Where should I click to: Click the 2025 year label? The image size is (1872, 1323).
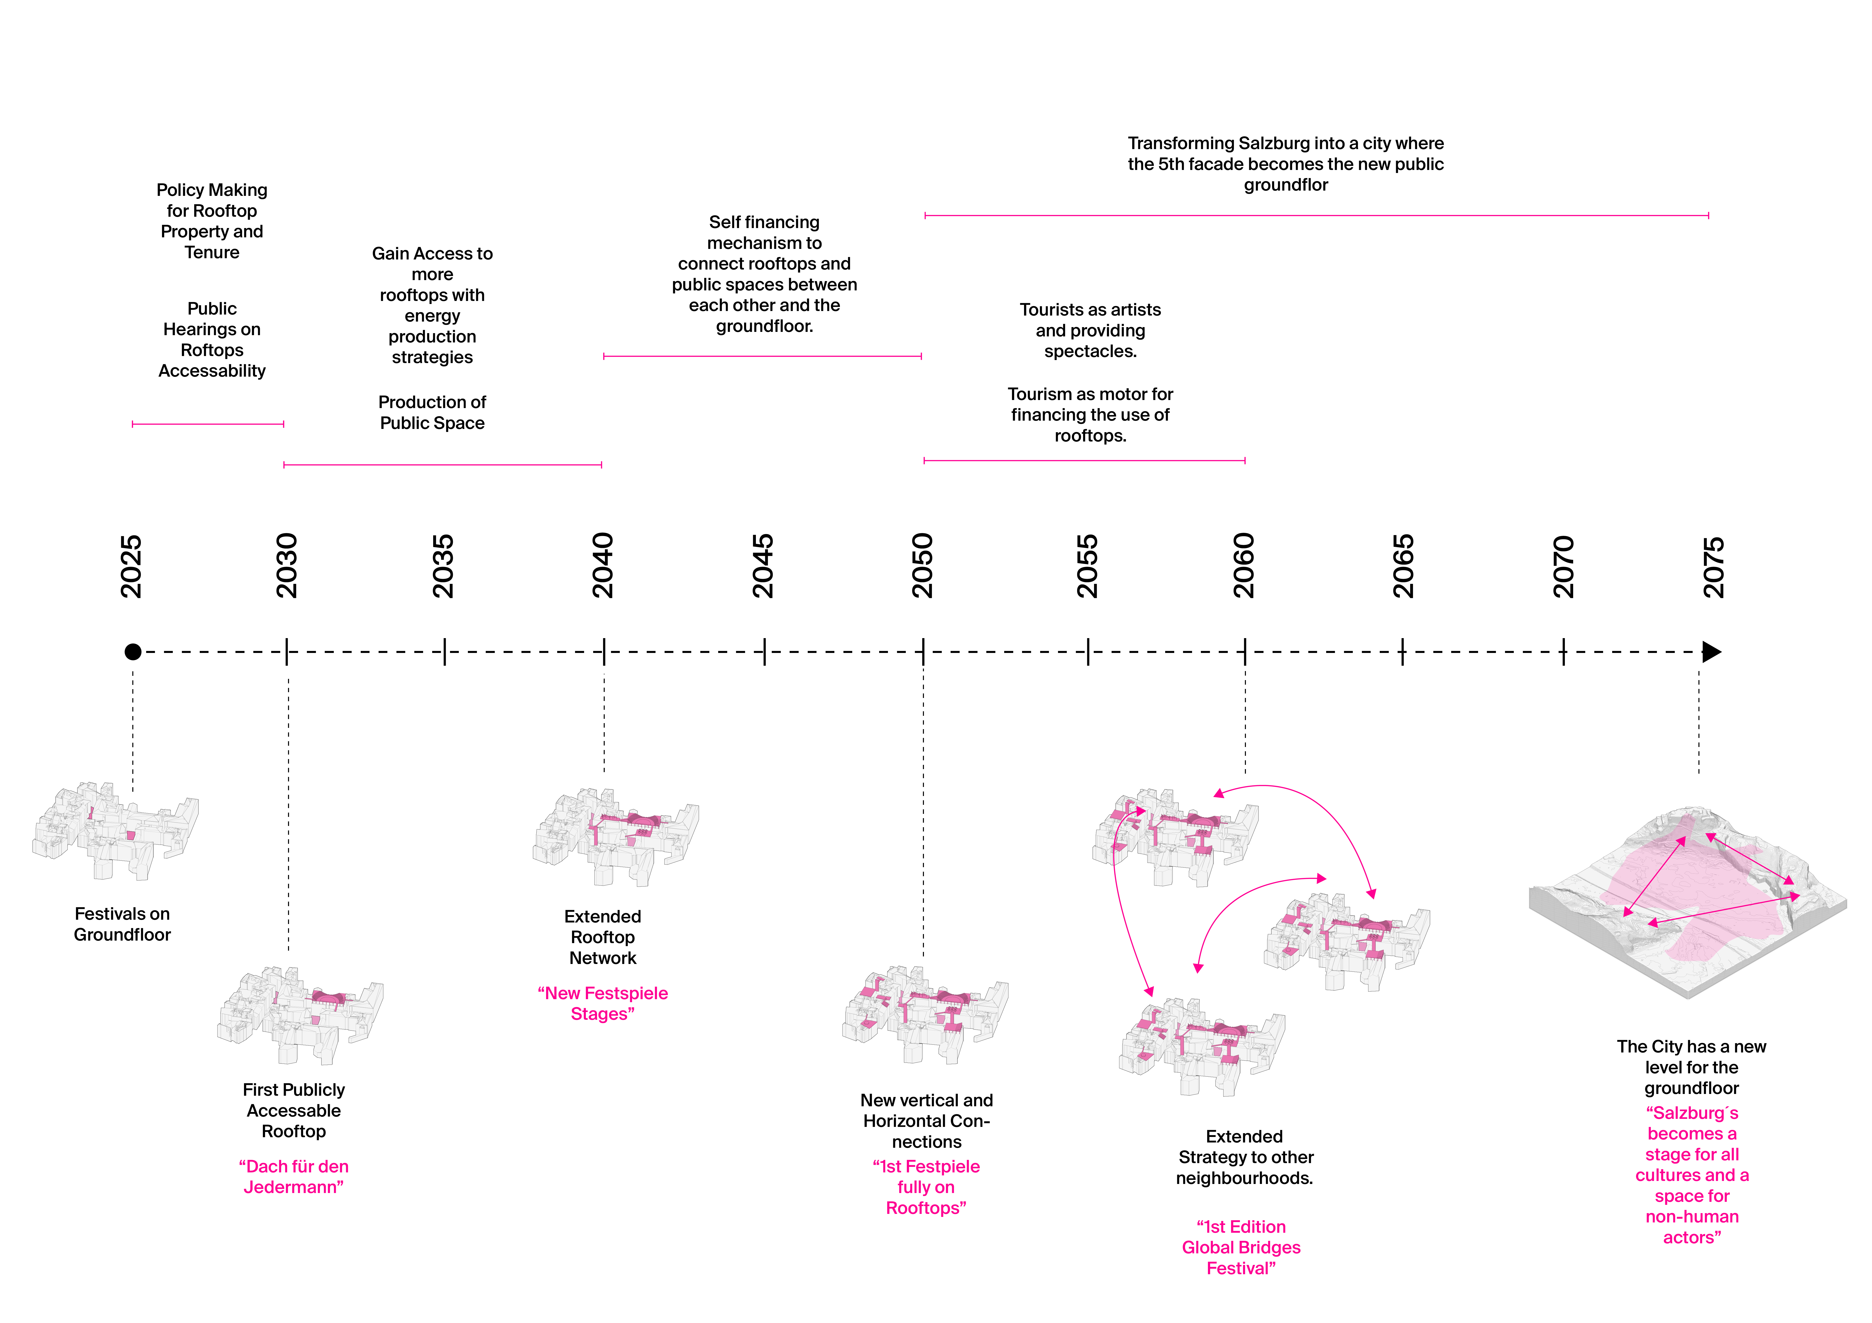coord(131,566)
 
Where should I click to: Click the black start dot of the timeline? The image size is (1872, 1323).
coord(133,652)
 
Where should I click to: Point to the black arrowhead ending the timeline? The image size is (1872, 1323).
coord(1711,652)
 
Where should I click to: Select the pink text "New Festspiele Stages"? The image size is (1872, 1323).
coord(602,1003)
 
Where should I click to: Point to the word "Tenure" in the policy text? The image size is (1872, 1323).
coord(212,253)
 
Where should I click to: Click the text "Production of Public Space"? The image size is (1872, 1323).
coord(432,413)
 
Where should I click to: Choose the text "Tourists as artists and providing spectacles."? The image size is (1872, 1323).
coord(1090,330)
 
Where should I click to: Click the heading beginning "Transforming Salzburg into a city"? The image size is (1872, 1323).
coord(1286,164)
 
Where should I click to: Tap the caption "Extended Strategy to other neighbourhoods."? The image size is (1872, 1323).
coord(1244,1158)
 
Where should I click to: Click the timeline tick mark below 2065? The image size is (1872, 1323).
coord(1402,652)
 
